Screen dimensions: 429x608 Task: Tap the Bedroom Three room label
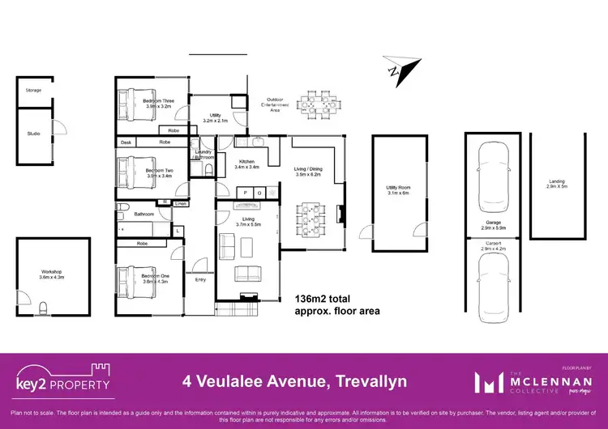click(x=158, y=101)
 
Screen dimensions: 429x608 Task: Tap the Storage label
click(x=33, y=90)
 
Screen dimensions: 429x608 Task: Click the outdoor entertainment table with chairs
click(x=315, y=105)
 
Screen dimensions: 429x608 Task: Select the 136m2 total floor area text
click(x=327, y=304)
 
